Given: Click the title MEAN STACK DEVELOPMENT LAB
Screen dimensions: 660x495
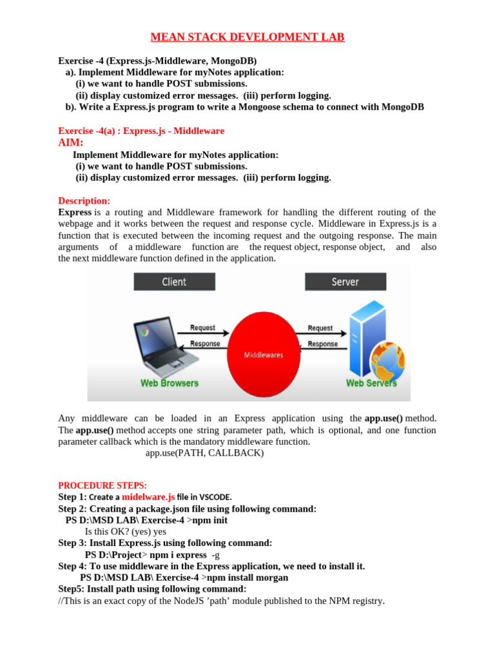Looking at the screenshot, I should [247, 37].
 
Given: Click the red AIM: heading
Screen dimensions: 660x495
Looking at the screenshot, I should [71, 142].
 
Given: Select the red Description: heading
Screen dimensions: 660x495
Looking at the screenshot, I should [84, 200].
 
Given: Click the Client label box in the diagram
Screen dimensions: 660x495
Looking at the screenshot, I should [174, 282].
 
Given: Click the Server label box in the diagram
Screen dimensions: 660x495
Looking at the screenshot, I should [345, 282].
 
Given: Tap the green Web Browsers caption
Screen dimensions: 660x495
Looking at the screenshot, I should [170, 383].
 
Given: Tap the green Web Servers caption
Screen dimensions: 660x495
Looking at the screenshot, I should [371, 383].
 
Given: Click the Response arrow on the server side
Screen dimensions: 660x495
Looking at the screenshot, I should [322, 348].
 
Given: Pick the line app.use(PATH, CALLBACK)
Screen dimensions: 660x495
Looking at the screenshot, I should [204, 453].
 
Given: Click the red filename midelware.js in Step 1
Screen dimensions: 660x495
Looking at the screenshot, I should [148, 497].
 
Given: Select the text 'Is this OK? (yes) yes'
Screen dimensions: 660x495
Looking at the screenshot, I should [126, 532].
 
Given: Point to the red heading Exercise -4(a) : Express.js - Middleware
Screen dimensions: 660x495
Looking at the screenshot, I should [141, 131].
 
